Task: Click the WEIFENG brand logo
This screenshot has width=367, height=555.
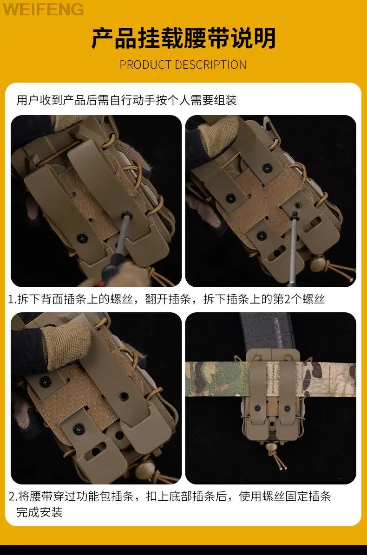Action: tap(43, 9)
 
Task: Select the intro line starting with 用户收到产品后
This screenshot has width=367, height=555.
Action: tap(126, 100)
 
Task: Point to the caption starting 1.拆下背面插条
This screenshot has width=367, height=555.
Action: tap(166, 299)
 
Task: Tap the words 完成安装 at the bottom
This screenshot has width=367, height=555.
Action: tap(39, 512)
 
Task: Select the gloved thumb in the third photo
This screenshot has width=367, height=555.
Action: tap(65, 347)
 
